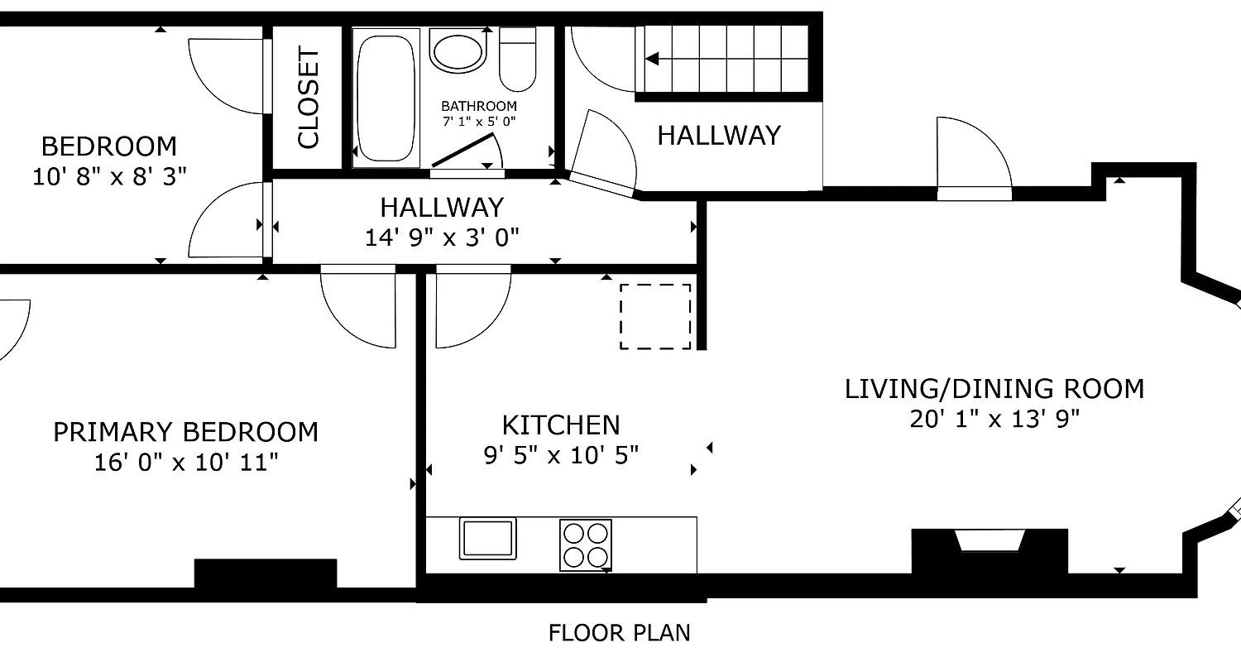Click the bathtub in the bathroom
385,98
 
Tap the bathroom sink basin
456,52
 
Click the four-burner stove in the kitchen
586,544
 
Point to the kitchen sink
487,539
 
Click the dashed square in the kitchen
655,316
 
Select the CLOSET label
308,98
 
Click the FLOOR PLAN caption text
619,633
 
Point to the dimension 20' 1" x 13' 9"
994,419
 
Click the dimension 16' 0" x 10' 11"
185,462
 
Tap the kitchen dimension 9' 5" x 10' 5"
561,454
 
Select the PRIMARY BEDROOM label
185,432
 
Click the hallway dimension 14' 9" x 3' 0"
442,237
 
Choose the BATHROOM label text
478,106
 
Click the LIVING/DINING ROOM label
994,388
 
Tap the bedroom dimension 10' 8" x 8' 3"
109,176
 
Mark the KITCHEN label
561,425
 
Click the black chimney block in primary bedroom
266,573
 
